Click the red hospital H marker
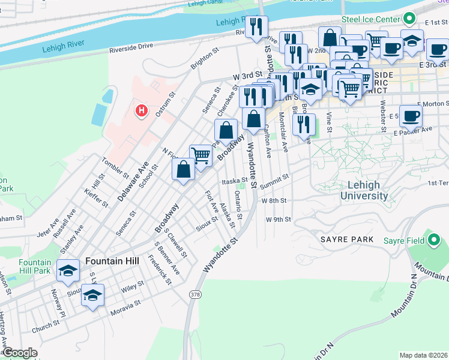click(142, 111)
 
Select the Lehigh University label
click(364, 190)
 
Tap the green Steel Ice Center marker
click(410, 19)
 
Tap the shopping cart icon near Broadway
click(200, 155)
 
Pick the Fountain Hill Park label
click(34, 266)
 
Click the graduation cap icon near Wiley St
click(92, 295)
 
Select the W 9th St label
click(279, 219)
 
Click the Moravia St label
click(126, 313)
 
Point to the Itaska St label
click(234, 180)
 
